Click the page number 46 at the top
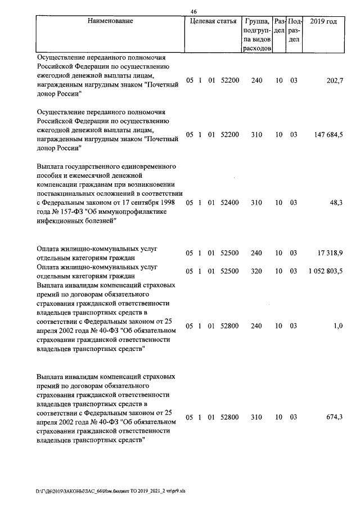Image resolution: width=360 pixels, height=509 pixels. [x=194, y=12]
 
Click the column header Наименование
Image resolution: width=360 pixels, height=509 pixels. [x=110, y=21]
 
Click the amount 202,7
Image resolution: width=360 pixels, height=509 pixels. [x=334, y=80]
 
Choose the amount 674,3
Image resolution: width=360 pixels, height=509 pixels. [x=334, y=417]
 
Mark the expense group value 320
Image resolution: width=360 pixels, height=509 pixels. [x=256, y=271]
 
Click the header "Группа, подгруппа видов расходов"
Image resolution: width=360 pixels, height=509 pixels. [x=256, y=35]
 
